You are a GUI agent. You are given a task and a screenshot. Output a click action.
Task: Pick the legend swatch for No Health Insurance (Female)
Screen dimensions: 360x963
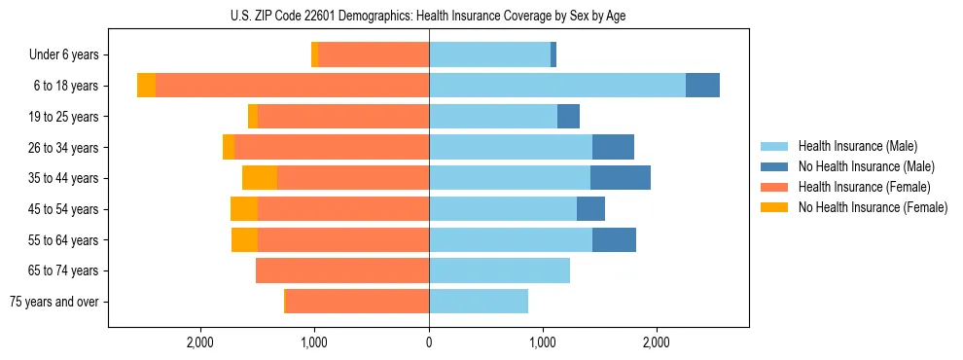coord(776,207)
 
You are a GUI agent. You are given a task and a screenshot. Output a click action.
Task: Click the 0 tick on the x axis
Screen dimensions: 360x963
coord(429,342)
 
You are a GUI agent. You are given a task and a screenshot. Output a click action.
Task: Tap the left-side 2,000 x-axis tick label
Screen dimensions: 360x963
coord(200,342)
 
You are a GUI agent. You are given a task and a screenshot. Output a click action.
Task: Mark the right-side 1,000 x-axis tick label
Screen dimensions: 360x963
coord(543,342)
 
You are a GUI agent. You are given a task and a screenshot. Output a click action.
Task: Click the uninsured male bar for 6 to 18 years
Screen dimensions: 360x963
coord(702,86)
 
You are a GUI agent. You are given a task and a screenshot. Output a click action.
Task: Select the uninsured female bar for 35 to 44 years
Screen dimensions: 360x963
coord(260,178)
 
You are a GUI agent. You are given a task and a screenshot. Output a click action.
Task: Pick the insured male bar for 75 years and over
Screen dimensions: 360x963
coord(479,302)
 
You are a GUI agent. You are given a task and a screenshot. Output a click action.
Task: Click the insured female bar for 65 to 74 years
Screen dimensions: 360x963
coord(342,270)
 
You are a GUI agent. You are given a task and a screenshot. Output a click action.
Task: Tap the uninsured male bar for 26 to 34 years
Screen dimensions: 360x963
coord(613,147)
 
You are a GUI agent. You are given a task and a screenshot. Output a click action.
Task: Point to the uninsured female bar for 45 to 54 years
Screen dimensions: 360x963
coord(244,209)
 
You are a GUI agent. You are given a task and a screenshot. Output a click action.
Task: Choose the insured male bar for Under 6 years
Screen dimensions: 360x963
coord(489,55)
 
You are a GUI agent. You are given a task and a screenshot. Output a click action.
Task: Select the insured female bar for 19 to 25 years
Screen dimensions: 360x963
coord(343,117)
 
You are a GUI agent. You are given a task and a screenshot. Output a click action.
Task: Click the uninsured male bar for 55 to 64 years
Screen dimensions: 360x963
coord(614,239)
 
